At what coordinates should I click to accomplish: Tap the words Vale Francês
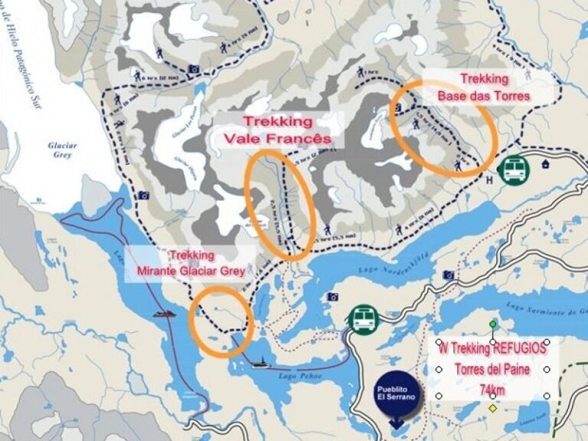click(277, 139)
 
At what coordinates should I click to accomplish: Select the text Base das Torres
click(483, 96)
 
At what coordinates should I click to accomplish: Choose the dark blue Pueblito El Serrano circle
click(396, 394)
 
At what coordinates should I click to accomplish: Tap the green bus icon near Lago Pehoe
click(362, 318)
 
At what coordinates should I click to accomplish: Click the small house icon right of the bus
click(545, 163)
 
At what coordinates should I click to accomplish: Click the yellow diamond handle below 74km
click(493, 408)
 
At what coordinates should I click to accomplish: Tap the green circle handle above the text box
click(493, 325)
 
